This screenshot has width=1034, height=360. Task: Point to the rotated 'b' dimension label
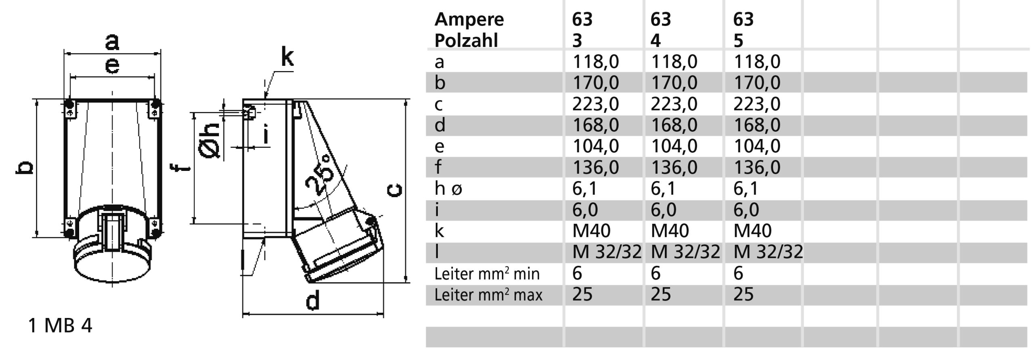[x=24, y=168]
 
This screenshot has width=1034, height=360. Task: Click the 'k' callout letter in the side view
[x=287, y=57]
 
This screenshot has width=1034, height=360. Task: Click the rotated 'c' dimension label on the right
[x=394, y=190]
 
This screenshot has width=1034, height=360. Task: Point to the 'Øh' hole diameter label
[x=210, y=140]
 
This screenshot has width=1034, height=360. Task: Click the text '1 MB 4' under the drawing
[x=60, y=326]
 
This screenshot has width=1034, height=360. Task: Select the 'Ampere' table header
[x=469, y=19]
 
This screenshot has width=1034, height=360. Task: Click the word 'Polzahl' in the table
[x=466, y=40]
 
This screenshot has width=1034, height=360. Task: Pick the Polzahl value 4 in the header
[x=655, y=40]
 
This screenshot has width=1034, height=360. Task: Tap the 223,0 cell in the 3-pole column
[x=595, y=104]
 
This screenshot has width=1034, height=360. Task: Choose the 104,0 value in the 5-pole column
[x=757, y=146]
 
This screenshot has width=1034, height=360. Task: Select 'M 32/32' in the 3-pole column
[x=607, y=252]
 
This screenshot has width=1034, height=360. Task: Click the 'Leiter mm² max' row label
[x=488, y=295]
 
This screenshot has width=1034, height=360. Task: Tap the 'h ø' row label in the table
[x=448, y=189]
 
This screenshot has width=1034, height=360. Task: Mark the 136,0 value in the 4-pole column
[x=674, y=167]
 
